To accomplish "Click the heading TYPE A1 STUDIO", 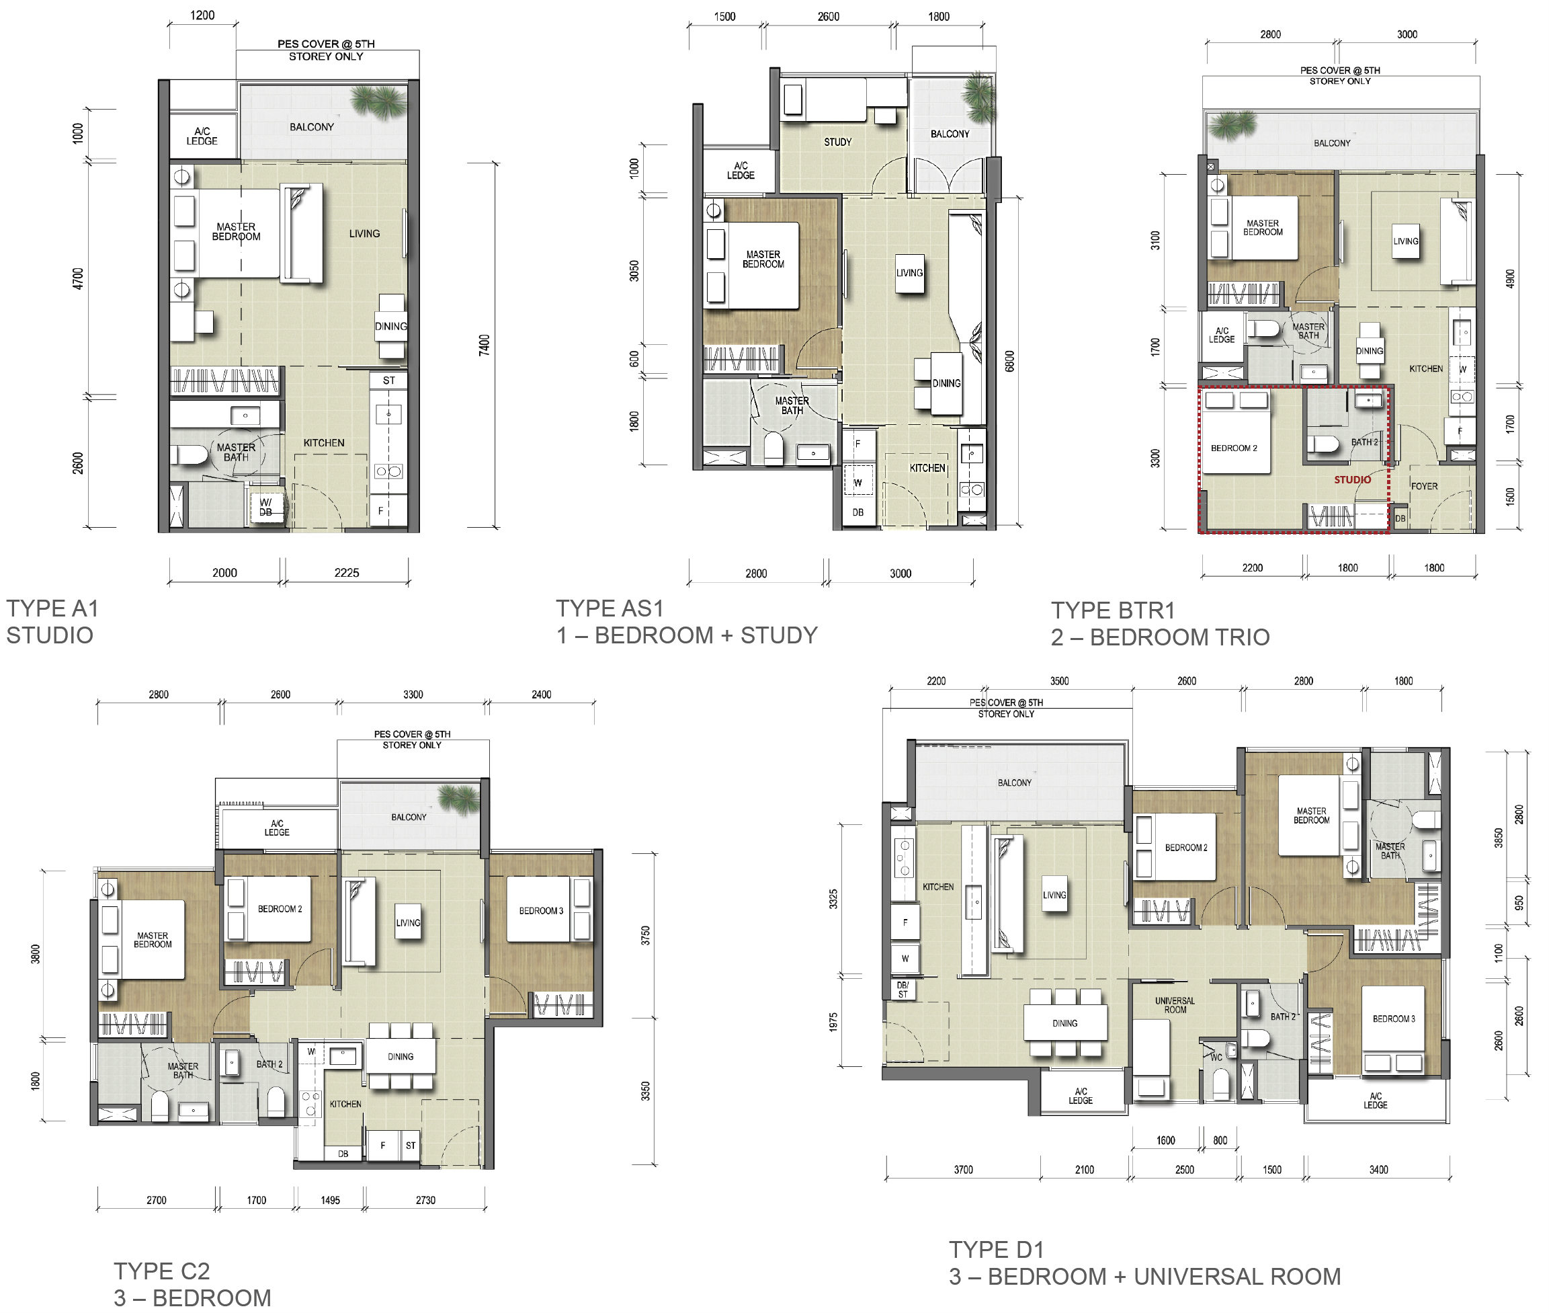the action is pyautogui.click(x=52, y=621).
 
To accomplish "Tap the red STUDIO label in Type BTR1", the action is pyautogui.click(x=1352, y=479).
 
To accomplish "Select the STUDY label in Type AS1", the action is pyautogui.click(x=837, y=142).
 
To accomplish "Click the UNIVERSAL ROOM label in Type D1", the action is pyautogui.click(x=1175, y=1005).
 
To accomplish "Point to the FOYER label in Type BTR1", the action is pyautogui.click(x=1424, y=486).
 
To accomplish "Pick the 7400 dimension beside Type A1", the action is pyautogui.click(x=485, y=345).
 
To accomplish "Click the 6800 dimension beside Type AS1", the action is pyautogui.click(x=1009, y=362).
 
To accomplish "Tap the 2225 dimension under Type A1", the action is pyautogui.click(x=347, y=573).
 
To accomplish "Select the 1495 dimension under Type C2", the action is pyautogui.click(x=330, y=1200).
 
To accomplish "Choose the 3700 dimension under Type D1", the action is pyautogui.click(x=964, y=1170).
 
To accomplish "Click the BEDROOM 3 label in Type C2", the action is pyautogui.click(x=541, y=911).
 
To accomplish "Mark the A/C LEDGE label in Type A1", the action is pyautogui.click(x=202, y=136).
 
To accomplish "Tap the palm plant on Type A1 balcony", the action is pyautogui.click(x=378, y=101).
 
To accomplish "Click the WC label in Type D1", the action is pyautogui.click(x=1216, y=1057).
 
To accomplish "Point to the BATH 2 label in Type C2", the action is pyautogui.click(x=269, y=1064).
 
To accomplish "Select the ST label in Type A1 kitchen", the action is pyautogui.click(x=389, y=381).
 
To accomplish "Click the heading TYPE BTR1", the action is pyautogui.click(x=1112, y=610).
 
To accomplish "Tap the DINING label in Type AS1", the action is pyautogui.click(x=946, y=383).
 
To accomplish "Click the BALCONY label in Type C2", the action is pyautogui.click(x=409, y=817).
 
